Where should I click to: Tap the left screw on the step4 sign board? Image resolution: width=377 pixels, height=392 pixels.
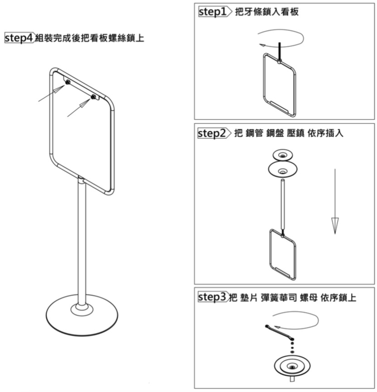(68, 82)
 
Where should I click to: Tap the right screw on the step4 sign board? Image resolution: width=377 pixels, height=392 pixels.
(93, 97)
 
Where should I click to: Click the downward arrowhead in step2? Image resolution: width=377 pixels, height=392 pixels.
(335, 226)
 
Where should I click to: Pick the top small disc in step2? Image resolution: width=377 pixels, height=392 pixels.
(283, 155)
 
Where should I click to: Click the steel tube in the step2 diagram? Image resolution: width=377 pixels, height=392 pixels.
(283, 204)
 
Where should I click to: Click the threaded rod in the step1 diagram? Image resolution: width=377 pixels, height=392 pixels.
(280, 52)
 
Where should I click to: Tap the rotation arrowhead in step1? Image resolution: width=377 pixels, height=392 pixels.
(262, 45)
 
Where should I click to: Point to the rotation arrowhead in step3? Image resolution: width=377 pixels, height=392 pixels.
(277, 327)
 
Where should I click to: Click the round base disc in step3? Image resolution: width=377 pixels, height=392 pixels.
(292, 366)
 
